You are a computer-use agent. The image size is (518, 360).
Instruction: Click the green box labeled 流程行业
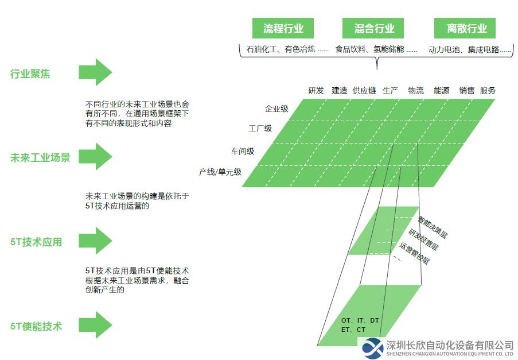(283, 28)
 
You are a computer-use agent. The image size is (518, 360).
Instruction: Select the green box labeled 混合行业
(373, 28)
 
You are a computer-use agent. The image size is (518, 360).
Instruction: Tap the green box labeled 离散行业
(465, 28)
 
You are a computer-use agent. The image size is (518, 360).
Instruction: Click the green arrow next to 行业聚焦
(95, 72)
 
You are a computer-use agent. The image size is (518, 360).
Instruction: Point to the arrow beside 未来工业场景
(95, 156)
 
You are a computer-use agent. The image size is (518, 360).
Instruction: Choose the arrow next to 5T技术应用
(95, 241)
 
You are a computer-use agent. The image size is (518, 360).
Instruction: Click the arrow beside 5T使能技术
(95, 325)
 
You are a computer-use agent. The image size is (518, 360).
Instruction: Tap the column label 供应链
(364, 91)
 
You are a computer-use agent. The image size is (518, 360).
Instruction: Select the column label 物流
(416, 91)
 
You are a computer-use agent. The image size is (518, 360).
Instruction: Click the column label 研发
(316, 91)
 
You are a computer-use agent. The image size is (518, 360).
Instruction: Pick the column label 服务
(488, 91)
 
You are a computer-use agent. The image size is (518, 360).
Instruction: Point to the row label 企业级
(276, 109)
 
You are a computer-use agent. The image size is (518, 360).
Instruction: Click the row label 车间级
(243, 152)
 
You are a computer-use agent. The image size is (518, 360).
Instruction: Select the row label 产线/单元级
(220, 172)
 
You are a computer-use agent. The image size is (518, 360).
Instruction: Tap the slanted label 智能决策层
(433, 227)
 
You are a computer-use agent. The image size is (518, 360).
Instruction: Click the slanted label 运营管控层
(414, 253)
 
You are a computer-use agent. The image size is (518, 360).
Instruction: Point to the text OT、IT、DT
(360, 320)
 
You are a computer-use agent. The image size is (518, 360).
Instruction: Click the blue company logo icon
(373, 349)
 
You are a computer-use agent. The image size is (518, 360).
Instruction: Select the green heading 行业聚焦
(30, 73)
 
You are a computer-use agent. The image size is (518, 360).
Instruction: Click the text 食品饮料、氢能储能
(369, 49)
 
